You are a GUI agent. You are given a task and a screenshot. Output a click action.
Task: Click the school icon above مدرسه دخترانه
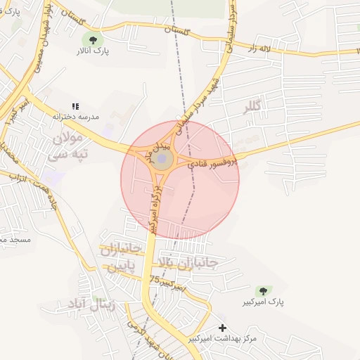[x=75, y=105]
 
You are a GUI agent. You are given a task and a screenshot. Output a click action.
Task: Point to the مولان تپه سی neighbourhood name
[x=68, y=147]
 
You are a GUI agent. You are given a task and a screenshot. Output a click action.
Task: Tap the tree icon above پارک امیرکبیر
[x=263, y=290]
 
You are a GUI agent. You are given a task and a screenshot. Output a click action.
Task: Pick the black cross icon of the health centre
[x=223, y=328]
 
